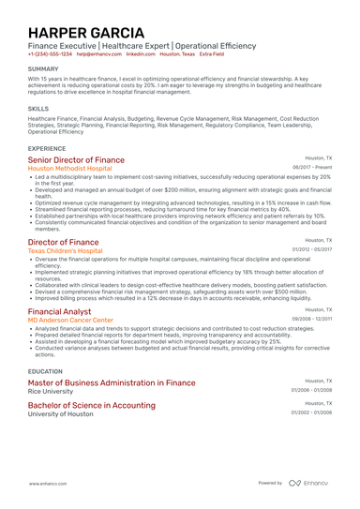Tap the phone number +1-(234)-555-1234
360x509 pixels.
coord(50,54)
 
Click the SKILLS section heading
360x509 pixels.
coord(38,108)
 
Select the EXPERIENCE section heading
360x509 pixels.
coord(47,148)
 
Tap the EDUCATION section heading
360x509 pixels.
coord(46,370)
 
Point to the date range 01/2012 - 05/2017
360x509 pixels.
coord(312,250)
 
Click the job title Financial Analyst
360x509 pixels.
coord(59,310)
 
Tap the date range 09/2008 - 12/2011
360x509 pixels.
coord(312,320)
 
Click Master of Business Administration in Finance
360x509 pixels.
coord(112,382)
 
